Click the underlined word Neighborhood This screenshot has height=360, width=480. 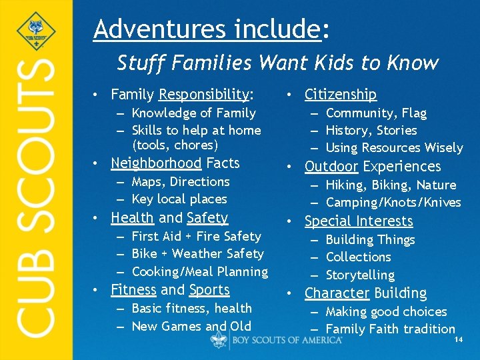tap(156, 163)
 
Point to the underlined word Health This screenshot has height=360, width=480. tap(132, 217)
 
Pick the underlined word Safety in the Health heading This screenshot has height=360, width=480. tap(208, 217)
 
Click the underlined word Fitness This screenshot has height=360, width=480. tap(134, 290)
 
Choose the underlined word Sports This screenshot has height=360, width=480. tap(209, 290)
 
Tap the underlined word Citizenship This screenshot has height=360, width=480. tap(341, 95)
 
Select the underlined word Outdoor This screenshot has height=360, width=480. tap(331, 167)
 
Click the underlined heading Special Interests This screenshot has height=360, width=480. tap(359, 221)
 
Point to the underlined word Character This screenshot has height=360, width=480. tap(337, 293)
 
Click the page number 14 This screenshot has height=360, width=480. tap(458, 340)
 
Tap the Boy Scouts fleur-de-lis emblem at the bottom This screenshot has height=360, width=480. tap(219, 339)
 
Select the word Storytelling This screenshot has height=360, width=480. tap(360, 275)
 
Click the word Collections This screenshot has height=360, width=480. tap(359, 257)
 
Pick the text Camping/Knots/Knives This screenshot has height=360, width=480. tap(393, 203)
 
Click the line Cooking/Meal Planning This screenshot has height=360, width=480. tap(200, 272)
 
